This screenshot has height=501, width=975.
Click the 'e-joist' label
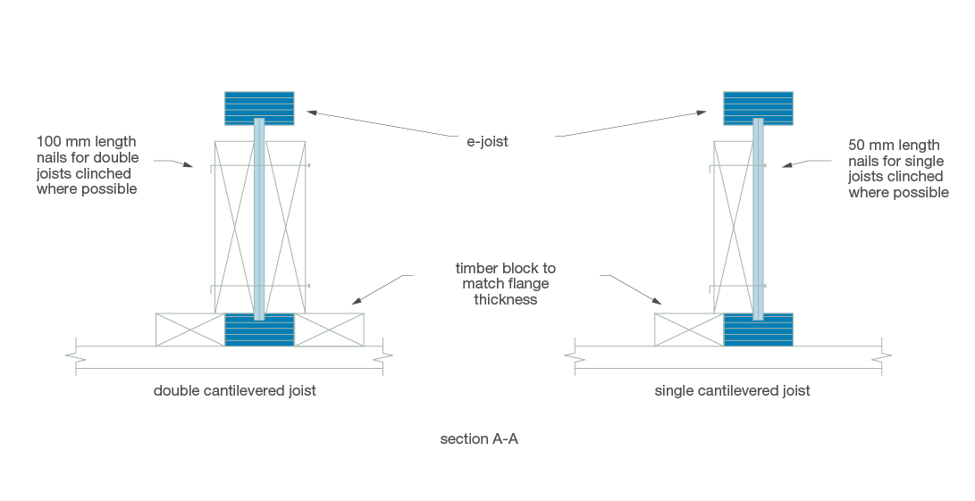click(x=487, y=141)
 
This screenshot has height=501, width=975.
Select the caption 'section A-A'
click(x=479, y=439)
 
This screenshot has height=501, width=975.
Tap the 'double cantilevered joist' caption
click(x=235, y=390)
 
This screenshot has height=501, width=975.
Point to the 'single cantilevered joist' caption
click(x=733, y=390)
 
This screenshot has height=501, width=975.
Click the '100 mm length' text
click(x=86, y=141)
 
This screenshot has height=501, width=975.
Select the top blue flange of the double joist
click(x=259, y=107)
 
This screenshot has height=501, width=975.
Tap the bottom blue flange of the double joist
click(x=259, y=330)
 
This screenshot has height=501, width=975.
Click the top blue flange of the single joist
click(x=758, y=107)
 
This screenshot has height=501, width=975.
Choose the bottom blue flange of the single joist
click(x=758, y=330)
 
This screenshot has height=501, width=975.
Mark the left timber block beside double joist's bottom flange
click(x=189, y=330)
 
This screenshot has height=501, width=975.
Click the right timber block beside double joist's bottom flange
click(x=329, y=330)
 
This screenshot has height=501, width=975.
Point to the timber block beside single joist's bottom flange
click(x=689, y=330)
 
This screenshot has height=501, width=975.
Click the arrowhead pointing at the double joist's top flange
click(x=312, y=112)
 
